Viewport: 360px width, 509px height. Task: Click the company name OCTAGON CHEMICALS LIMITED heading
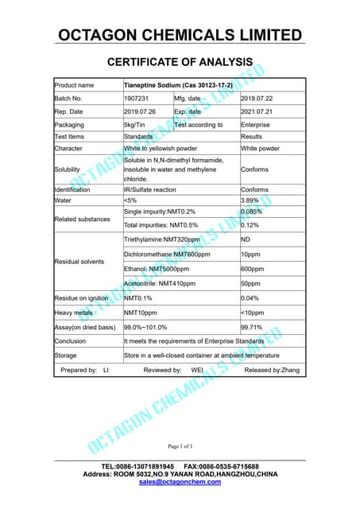(x=180, y=35)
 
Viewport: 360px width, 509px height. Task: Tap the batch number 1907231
(x=136, y=98)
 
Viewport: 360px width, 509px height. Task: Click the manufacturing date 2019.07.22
(x=257, y=98)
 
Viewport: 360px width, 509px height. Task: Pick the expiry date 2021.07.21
(x=257, y=111)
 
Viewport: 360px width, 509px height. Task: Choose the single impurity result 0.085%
(x=253, y=212)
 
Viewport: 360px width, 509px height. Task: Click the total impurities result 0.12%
(x=251, y=225)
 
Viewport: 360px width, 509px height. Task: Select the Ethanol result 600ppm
(x=253, y=268)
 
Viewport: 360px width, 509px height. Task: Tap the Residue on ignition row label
(x=82, y=298)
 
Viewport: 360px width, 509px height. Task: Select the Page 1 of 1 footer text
(x=180, y=446)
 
